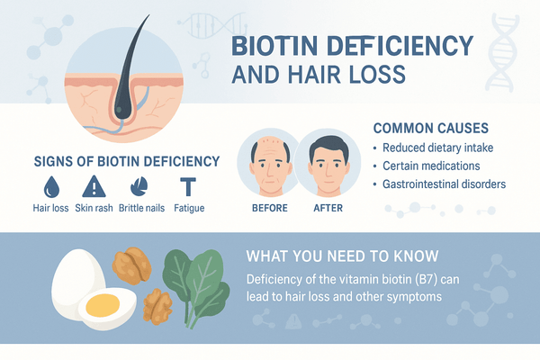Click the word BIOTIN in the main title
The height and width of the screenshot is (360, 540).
pos(273,46)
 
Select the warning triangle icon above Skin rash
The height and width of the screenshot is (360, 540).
pos(94,186)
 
